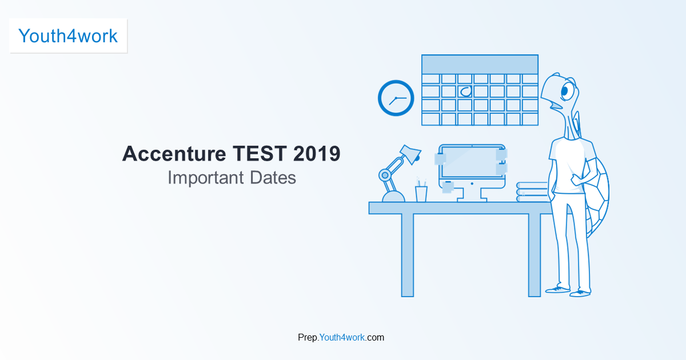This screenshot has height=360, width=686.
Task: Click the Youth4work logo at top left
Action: coord(68,36)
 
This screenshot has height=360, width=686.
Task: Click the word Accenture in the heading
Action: coord(174,154)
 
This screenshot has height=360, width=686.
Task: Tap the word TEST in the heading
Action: coord(260,153)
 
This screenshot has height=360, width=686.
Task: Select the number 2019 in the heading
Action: coord(317,153)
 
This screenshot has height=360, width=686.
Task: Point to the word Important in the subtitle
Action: coord(206,178)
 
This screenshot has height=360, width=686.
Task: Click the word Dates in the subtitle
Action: coord(273,178)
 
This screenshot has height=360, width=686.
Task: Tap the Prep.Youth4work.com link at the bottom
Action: coord(341,337)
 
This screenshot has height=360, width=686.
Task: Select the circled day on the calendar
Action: coord(466,91)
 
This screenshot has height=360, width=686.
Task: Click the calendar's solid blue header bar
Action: coord(480,64)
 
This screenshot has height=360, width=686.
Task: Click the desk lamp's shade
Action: coord(410,154)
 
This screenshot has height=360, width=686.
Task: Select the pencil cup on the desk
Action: coord(421,194)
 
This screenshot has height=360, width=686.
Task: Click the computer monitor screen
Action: coord(472,162)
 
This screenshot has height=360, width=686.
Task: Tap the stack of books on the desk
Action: coord(532,192)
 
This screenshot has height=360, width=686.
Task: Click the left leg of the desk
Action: coord(408,255)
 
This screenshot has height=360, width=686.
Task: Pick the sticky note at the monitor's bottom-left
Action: coord(448,187)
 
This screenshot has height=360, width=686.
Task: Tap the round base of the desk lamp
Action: coord(393,197)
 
